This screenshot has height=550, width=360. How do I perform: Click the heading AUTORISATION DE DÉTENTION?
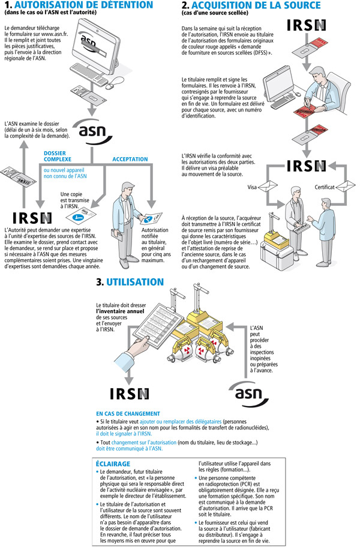coord(84,5)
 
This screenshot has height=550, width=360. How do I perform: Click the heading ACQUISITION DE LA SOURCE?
coord(256,5)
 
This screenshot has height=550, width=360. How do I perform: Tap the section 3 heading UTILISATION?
coord(135,282)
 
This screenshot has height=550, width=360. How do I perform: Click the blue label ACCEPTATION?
coord(130,159)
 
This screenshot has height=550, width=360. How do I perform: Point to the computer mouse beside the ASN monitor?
coord(115,83)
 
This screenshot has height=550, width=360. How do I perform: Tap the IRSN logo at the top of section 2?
coord(307,25)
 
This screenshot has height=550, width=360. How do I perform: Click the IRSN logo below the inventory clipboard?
coord(130,393)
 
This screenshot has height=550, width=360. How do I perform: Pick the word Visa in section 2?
coord(252,187)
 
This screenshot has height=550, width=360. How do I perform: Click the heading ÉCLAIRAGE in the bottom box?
coord(113,464)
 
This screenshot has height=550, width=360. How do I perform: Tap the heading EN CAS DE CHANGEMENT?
coord(128,414)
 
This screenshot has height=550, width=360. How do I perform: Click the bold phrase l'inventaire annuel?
coord(121,311)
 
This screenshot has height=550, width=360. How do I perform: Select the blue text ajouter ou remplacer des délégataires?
coord(181,421)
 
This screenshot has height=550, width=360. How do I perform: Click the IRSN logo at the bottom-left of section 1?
coord(32,218)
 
